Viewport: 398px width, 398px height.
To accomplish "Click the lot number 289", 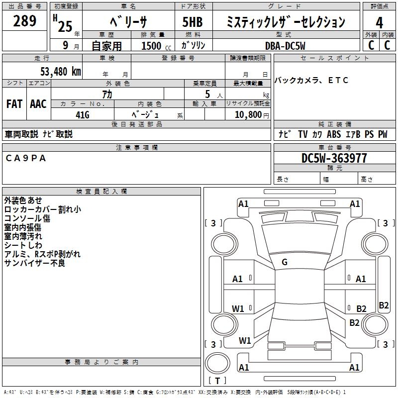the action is pos(25,21).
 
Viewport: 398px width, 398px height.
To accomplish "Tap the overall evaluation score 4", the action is pos(379,22).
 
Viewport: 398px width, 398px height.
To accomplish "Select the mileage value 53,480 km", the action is pos(60,71).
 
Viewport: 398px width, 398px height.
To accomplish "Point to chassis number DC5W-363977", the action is pos(334,158).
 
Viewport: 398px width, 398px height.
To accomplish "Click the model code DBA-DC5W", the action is pos(285,45).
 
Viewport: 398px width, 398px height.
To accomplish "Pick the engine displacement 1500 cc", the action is pos(154,46).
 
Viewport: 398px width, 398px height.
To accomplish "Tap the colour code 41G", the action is pos(82,115).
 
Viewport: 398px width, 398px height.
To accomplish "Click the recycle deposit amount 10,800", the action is pos(247,114).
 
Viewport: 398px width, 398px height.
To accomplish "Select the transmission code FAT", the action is pos(14,104).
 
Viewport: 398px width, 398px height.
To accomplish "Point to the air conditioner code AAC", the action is pos(38,104).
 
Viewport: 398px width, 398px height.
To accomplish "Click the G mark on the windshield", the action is pos(285,262).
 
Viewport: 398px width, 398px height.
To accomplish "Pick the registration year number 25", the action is pos(65,26).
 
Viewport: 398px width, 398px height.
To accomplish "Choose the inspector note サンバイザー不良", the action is pos(34,263).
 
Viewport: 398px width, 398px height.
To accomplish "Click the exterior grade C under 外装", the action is pos(371,45).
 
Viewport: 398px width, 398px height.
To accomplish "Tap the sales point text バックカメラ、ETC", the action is pos(311,80).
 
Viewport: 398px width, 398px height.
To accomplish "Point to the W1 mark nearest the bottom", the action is pos(245,341).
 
